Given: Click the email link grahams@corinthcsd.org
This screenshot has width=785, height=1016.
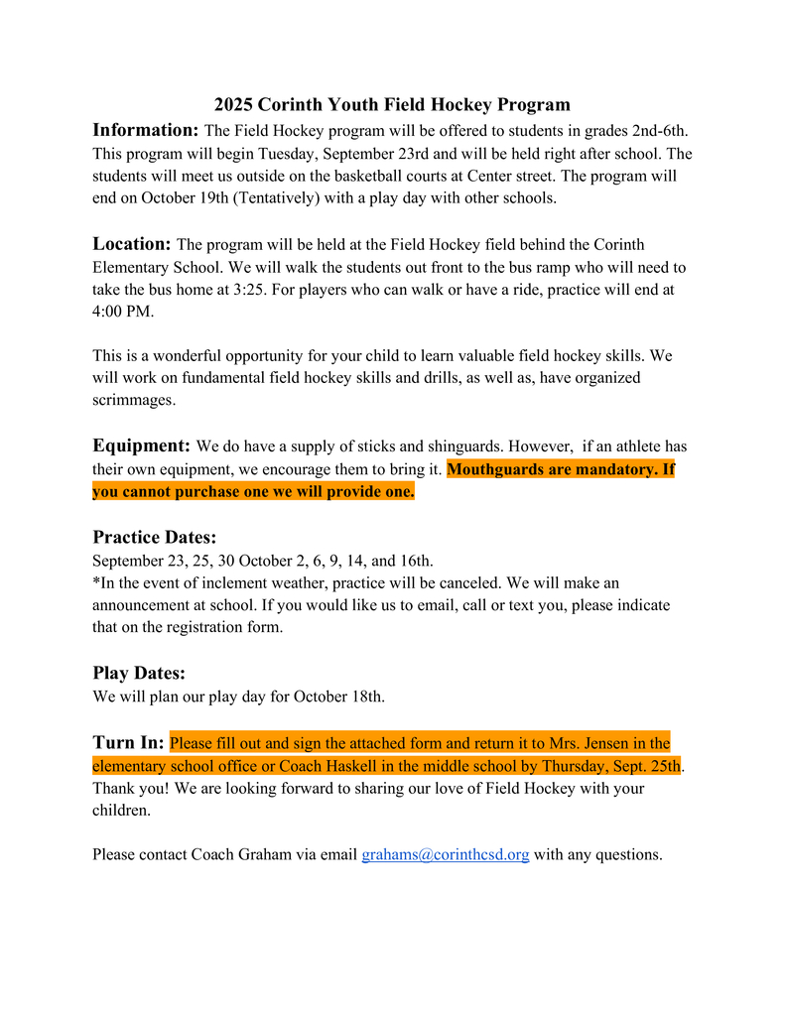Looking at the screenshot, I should click(x=445, y=854).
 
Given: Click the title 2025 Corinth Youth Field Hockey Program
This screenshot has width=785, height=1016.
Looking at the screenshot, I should click(x=392, y=104).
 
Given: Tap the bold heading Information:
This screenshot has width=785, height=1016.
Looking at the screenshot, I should click(x=146, y=130).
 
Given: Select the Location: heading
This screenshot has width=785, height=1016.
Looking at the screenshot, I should click(x=132, y=243).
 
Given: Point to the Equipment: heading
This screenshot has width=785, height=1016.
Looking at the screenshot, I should click(x=142, y=445).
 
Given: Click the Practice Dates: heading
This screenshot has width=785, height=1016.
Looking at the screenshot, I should click(x=154, y=538).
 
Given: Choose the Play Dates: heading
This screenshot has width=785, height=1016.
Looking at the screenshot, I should click(x=139, y=673).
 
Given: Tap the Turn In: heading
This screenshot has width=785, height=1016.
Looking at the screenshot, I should click(x=128, y=742).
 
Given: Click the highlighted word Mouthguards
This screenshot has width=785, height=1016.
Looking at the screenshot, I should click(x=495, y=469).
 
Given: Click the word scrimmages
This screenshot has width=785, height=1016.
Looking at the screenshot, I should click(x=134, y=401).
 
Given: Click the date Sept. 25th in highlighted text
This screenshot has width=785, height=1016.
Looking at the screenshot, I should click(x=645, y=766).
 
